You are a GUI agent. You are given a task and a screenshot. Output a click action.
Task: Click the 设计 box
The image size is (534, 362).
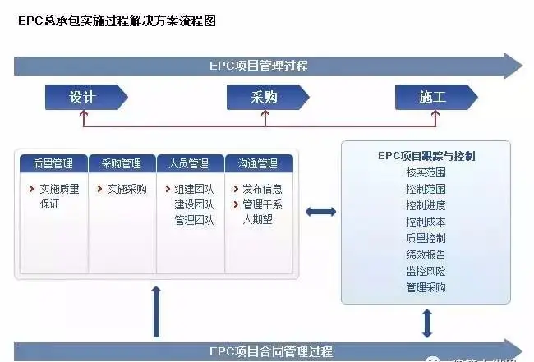[83, 98]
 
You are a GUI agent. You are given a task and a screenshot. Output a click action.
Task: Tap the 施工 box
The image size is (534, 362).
[432, 98]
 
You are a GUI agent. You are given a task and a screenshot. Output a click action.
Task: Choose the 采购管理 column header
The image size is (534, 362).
[121, 163]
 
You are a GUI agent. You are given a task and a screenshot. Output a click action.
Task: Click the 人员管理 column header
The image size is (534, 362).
[189, 163]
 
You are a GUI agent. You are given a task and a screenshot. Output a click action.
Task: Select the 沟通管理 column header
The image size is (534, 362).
[257, 163]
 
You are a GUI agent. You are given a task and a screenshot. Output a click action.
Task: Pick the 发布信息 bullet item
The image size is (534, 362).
[262, 189]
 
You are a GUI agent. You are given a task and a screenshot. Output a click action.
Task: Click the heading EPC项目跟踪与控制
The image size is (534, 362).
[426, 155]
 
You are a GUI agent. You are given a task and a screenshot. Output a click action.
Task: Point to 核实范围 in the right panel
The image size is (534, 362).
[426, 172]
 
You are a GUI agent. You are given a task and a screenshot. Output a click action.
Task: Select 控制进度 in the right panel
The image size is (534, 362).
[426, 205]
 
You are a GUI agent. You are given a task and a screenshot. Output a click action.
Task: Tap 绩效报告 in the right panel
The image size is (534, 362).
[426, 254]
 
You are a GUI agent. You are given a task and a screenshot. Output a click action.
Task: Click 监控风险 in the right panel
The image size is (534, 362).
[426, 271]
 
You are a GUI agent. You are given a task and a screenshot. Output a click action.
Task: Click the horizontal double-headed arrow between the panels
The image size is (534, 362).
[320, 213]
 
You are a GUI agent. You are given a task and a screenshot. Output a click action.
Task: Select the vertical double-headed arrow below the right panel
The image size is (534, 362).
[426, 323]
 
